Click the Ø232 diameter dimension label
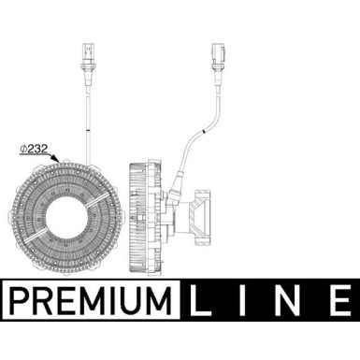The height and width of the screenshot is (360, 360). [x=32, y=147]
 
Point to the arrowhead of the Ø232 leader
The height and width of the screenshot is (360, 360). [x=58, y=161]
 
